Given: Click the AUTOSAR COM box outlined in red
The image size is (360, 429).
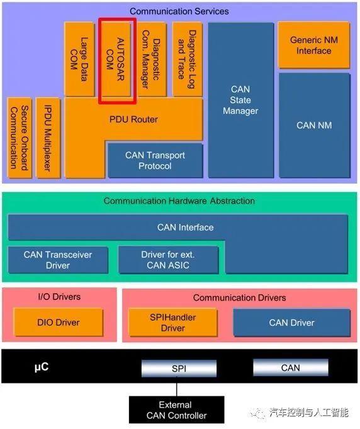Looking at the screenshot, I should (117, 60).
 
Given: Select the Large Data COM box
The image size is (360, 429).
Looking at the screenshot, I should (79, 60).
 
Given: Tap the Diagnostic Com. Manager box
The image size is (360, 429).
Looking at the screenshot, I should (152, 60).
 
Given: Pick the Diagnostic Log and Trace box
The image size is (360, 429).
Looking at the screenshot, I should (188, 60).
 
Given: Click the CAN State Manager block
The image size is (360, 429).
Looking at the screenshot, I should (240, 101).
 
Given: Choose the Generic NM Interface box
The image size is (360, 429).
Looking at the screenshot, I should (313, 45).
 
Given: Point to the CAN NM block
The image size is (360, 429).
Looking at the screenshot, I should (313, 125).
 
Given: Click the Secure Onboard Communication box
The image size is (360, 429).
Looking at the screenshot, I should (18, 137).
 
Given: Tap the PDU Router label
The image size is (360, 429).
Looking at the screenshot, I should (134, 120).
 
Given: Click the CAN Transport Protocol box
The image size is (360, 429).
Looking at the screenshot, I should (155, 160).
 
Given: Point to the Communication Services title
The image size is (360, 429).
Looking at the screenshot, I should (179, 11).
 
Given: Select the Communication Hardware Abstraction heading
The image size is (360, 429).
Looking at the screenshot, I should (179, 201).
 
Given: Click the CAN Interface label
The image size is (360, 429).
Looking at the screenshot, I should (185, 227).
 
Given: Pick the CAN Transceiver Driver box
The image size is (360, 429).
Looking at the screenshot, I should (58, 260).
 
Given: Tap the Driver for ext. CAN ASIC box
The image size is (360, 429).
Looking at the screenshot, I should (168, 260).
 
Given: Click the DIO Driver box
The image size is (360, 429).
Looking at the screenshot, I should (58, 323).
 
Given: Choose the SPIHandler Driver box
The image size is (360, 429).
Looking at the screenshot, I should (172, 323).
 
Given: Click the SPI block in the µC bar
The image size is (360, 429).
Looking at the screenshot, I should (179, 369).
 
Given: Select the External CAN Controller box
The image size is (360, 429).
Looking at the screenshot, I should (176, 409).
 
